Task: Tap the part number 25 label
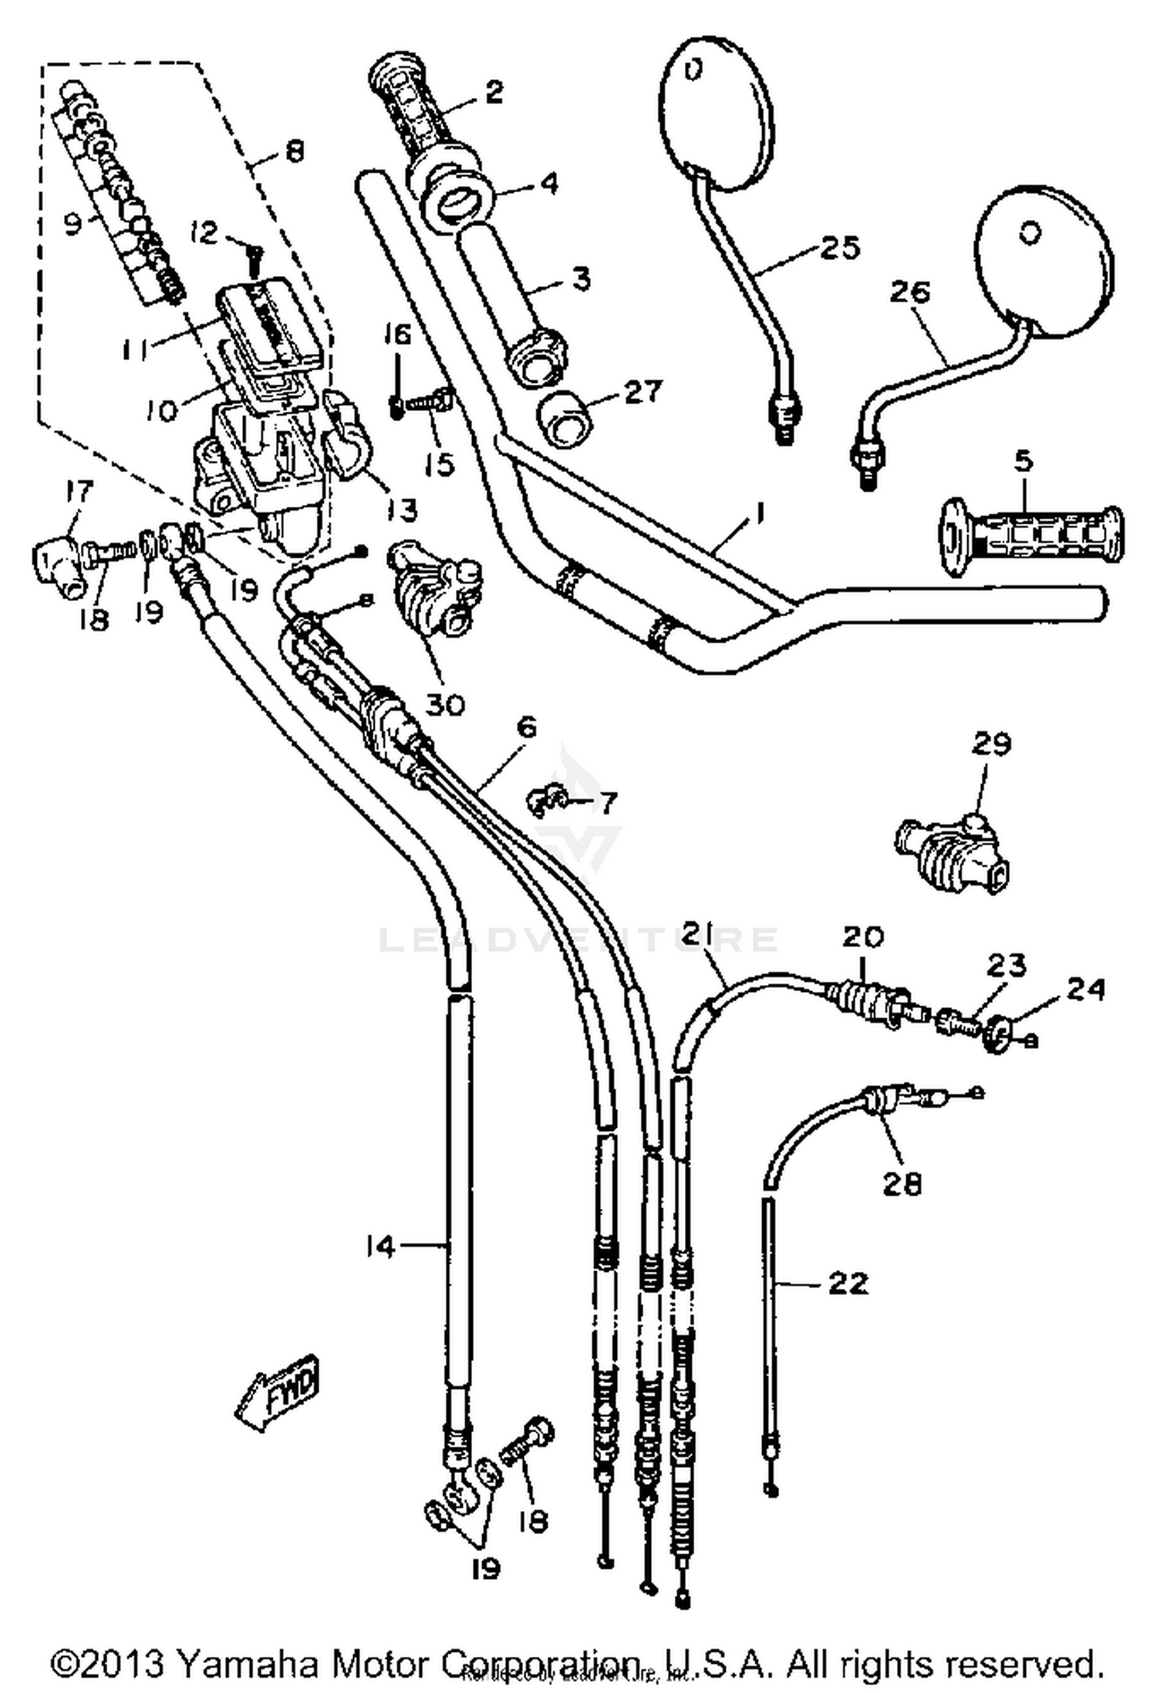(x=840, y=248)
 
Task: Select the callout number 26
(x=910, y=292)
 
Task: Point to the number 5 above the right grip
(x=1023, y=460)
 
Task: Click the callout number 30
(x=445, y=703)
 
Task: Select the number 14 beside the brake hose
(x=380, y=1247)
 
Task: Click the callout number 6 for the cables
(x=527, y=727)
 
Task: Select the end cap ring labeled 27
(x=567, y=417)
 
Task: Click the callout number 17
(x=79, y=491)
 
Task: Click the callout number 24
(x=1085, y=989)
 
